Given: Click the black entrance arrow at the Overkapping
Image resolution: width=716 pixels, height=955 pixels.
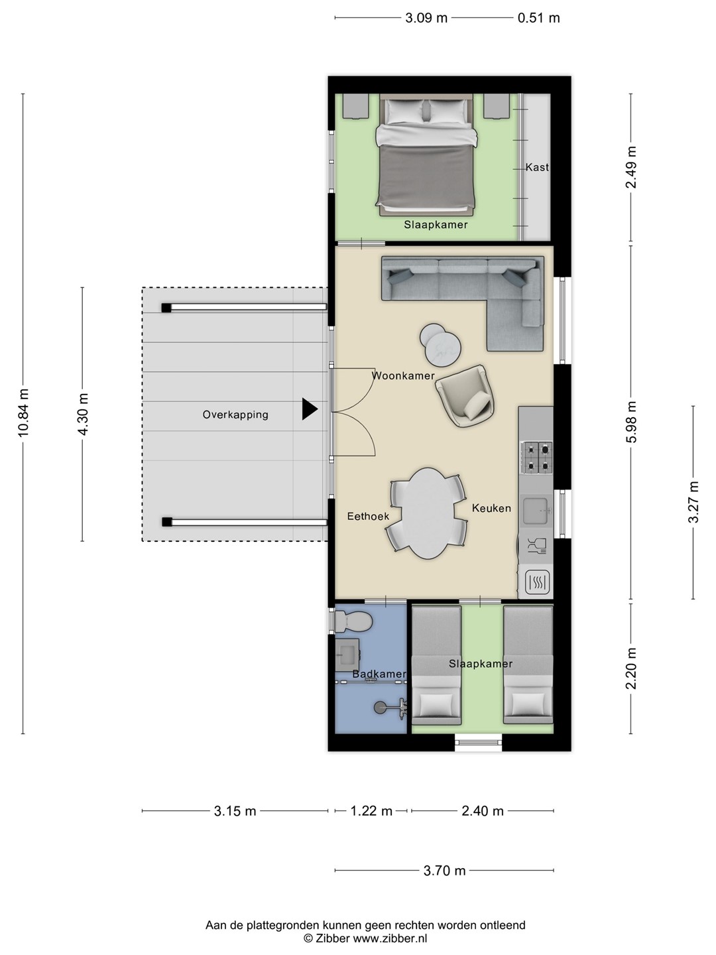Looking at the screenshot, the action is (309, 409).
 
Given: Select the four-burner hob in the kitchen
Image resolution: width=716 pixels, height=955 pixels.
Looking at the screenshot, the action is (537, 457).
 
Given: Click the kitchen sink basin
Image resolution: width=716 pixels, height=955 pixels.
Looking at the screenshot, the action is (537, 511).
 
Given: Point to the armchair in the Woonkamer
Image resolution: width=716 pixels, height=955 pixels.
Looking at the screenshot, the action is (465, 396).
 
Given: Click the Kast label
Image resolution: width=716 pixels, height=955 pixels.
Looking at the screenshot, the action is (537, 167).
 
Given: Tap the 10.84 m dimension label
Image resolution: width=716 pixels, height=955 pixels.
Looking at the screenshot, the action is (23, 413).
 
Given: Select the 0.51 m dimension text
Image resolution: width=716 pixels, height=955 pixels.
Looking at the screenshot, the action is (538, 19).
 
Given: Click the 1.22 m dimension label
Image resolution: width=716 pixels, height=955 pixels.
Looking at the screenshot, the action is (371, 811).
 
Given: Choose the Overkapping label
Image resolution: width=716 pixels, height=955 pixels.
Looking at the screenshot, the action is (235, 414).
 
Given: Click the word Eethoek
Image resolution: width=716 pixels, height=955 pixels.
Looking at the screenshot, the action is (368, 517).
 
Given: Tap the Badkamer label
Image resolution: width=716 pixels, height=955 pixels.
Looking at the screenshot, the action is (379, 674).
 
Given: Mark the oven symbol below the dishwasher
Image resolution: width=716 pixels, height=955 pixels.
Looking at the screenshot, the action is (537, 582).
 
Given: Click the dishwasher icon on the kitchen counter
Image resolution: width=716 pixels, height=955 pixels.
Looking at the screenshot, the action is (537, 546).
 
